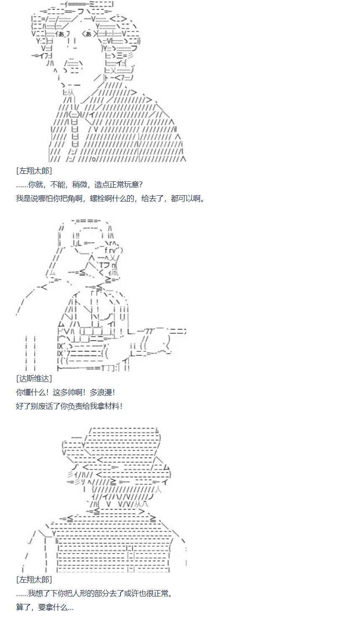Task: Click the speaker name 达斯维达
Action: click(34, 378)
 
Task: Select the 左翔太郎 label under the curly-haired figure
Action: click(34, 171)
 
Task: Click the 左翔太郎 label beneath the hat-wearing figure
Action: click(34, 580)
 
